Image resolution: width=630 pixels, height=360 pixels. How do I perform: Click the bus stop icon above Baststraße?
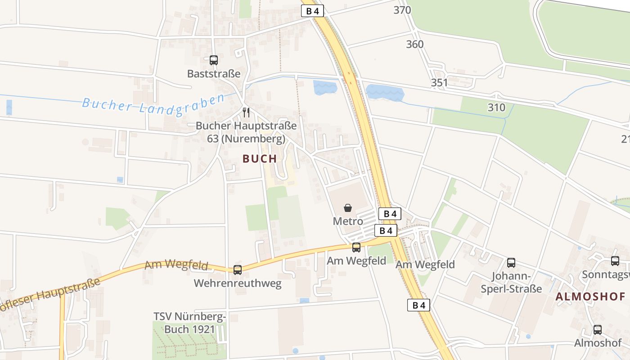point(214,60)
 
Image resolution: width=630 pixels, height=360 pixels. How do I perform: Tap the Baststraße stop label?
point(214,73)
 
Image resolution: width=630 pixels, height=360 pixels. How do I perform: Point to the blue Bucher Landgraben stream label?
point(153,104)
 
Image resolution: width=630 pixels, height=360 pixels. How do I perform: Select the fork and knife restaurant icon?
point(246,112)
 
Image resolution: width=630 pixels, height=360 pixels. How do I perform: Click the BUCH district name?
point(260,158)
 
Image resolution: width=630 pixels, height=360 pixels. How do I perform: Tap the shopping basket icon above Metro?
point(348,208)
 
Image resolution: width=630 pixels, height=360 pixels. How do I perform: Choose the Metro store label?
point(348,221)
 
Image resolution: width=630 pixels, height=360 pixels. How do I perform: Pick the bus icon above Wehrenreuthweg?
point(238,270)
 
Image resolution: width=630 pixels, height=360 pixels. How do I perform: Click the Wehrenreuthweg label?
point(238,283)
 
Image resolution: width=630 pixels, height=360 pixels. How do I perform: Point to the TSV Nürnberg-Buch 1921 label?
point(189,323)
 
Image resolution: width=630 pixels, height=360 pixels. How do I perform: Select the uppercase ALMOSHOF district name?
point(590,297)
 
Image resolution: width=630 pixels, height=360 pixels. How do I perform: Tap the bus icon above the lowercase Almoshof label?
point(598,330)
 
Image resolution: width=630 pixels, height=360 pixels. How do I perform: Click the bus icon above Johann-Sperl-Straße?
point(511,263)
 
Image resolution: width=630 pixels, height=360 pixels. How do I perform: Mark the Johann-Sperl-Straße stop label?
point(511,282)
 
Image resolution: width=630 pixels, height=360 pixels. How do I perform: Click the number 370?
point(402,10)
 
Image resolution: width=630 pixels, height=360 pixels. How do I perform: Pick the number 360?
point(415,44)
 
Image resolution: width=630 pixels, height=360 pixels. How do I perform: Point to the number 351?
point(439,83)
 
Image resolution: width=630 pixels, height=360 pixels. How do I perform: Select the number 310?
point(496,108)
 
